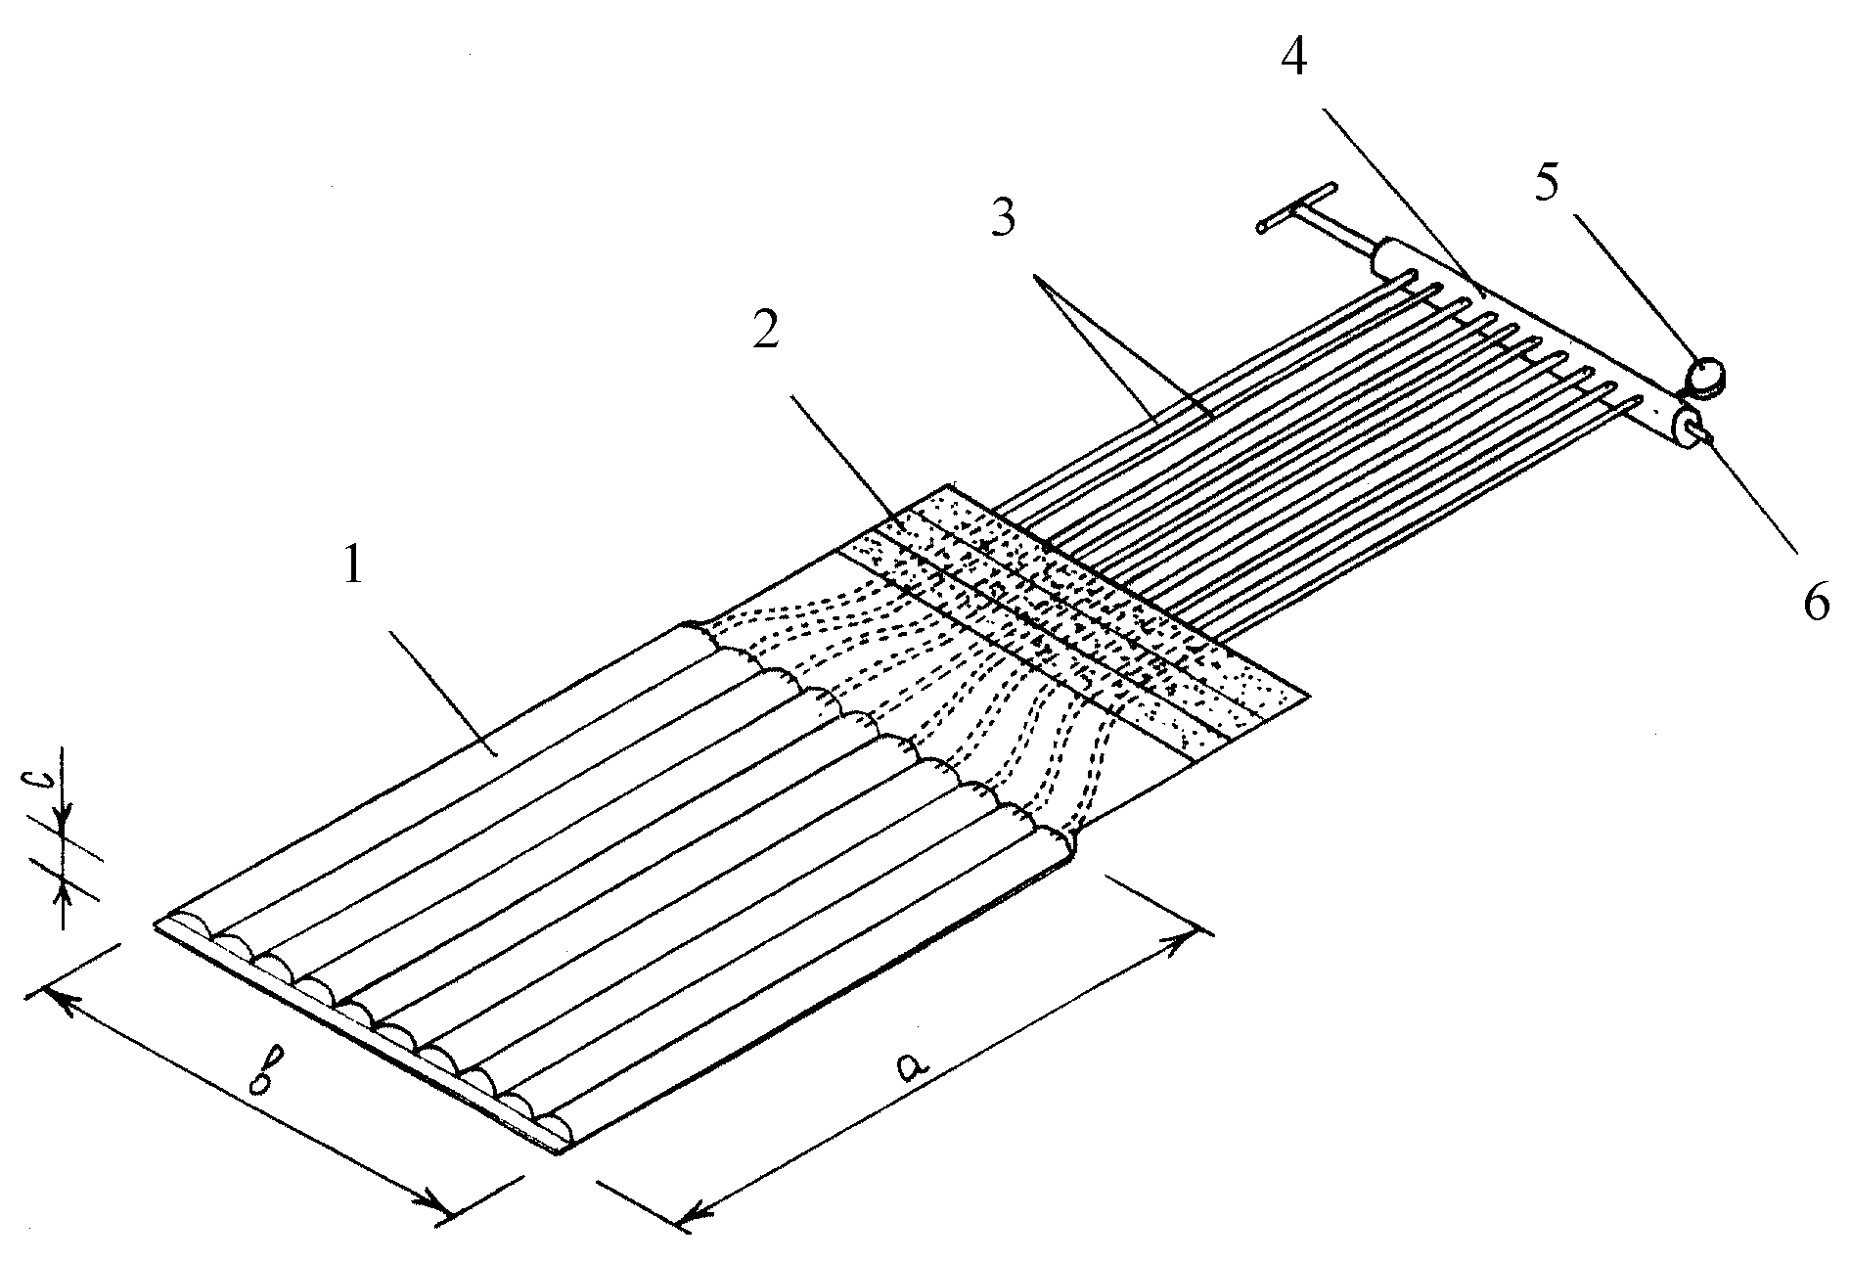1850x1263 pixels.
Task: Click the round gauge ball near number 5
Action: pos(1706,375)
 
